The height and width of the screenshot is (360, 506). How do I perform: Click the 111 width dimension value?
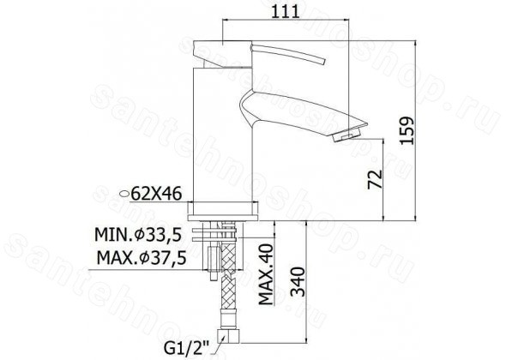[x=286, y=12]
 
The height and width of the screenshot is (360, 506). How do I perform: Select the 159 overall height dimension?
[x=407, y=130]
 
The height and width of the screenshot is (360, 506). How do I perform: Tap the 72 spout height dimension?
[x=375, y=179]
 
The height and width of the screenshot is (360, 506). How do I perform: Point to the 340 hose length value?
[x=298, y=281]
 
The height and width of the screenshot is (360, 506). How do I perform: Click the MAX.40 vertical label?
[x=266, y=274]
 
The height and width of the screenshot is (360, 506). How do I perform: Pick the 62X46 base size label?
[x=157, y=194]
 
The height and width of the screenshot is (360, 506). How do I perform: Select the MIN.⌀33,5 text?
[x=138, y=235]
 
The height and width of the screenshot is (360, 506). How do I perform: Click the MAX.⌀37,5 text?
[x=142, y=258]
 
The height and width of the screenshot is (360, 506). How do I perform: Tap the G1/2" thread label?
[x=187, y=349]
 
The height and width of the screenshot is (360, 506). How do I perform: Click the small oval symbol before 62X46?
[x=124, y=194]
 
